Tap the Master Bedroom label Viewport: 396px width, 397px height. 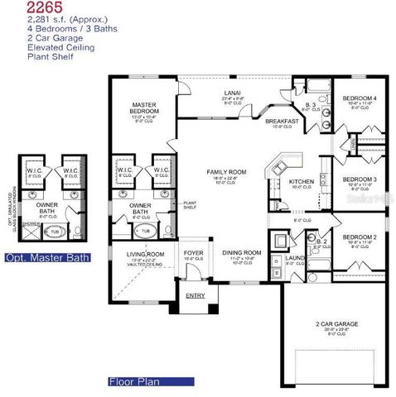(145, 108)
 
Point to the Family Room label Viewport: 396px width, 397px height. (221, 172)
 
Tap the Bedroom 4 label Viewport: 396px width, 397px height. (363, 98)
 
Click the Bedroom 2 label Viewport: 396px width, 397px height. (363, 237)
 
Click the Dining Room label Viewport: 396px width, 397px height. (241, 252)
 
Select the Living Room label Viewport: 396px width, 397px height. (146, 254)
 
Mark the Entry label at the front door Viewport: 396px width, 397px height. (196, 294)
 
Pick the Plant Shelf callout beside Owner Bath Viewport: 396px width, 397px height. (189, 204)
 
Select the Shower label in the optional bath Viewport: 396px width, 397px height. (30, 223)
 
